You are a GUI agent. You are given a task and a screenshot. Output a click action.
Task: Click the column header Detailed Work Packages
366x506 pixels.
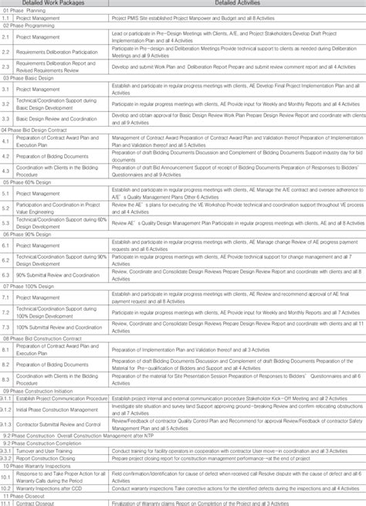click(x=55, y=3)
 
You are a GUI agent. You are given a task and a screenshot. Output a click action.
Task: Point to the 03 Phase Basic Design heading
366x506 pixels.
click(x=30, y=78)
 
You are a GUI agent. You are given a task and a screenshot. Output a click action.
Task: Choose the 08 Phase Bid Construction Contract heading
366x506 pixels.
click(x=42, y=338)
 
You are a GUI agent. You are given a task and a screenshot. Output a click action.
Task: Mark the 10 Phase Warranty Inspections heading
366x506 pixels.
click(x=39, y=466)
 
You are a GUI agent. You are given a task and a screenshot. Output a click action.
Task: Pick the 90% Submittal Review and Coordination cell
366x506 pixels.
click(x=59, y=274)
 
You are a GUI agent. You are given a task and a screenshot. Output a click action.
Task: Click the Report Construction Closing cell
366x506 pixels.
click(x=50, y=458)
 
